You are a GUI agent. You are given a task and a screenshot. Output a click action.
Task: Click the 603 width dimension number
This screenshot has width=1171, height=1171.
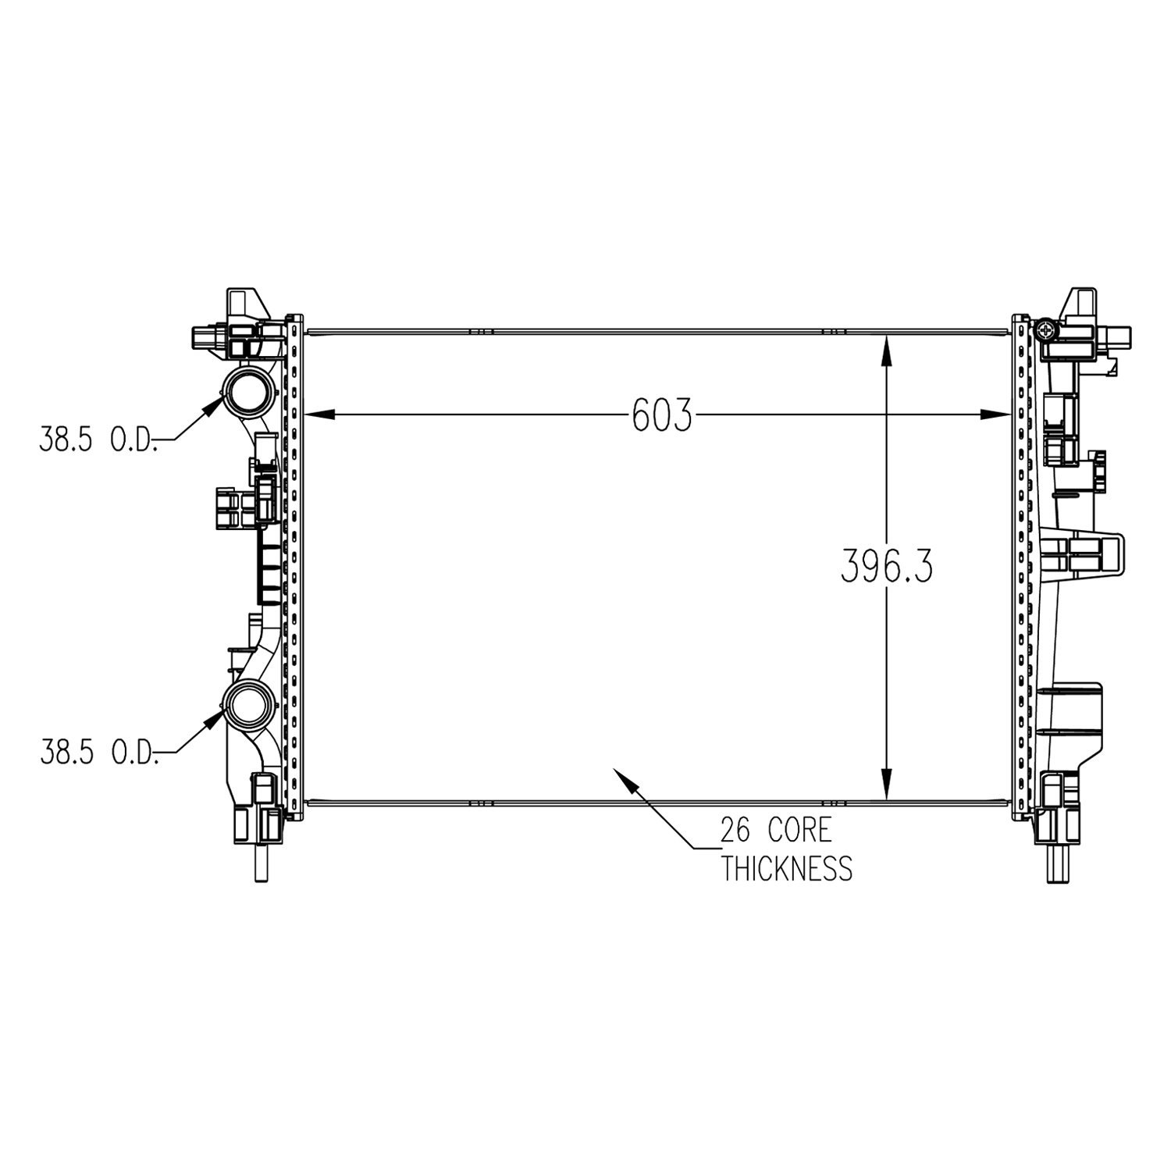point(661,415)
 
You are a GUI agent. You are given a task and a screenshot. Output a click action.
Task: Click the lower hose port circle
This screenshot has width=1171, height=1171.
point(248,703)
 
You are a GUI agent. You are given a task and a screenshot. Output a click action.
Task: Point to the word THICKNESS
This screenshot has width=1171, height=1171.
point(785,867)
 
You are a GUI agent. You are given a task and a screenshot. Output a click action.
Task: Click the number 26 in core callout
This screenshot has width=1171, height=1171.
point(735,831)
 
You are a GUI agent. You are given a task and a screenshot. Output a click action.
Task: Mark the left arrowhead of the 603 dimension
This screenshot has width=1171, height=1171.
point(316,415)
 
